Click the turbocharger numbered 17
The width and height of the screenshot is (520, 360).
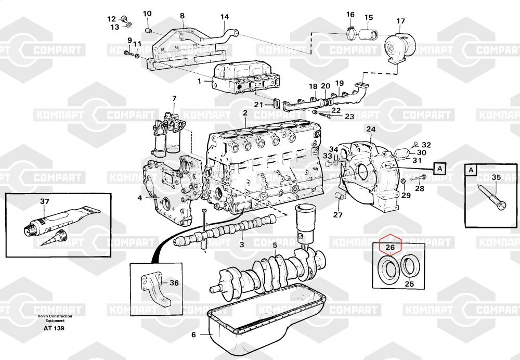pos(399,47)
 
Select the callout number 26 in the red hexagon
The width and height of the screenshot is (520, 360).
pos(391,247)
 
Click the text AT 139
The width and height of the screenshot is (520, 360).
pos(54,328)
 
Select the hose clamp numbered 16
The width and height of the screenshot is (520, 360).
pos(350,33)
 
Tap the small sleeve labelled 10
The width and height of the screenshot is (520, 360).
pos(149,31)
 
